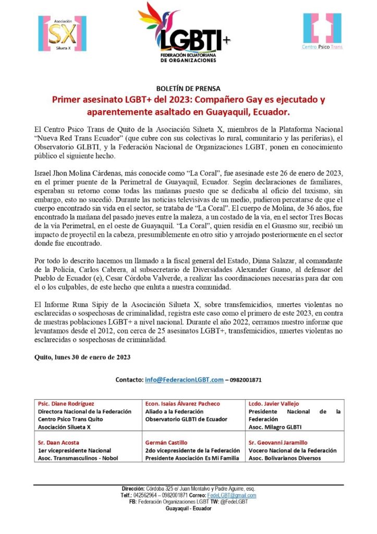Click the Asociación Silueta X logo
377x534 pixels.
62,33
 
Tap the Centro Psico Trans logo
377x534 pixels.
322,32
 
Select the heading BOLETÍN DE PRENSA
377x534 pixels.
188,88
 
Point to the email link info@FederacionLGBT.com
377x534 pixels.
184,379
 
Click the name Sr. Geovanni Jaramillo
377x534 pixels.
278,443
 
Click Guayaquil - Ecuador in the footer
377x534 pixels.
188,508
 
